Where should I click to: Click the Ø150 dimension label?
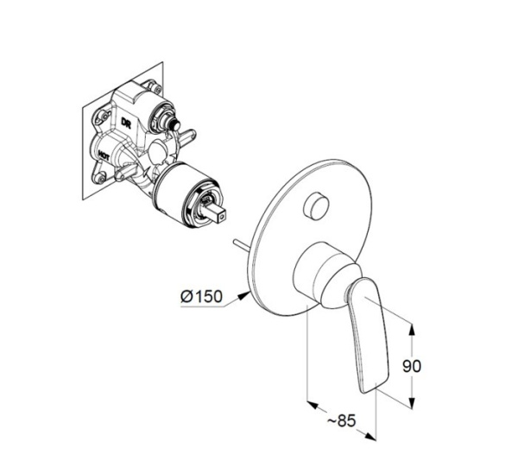201,296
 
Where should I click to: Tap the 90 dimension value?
412,366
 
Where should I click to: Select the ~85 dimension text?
341,420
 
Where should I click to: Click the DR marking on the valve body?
126,123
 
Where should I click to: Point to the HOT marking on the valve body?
104,155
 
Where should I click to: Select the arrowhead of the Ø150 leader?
243,295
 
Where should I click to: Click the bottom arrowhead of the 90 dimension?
411,403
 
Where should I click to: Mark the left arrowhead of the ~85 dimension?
313,405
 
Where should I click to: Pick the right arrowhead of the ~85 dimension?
370,436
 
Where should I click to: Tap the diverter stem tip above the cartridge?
174,126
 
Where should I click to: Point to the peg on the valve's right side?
187,135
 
